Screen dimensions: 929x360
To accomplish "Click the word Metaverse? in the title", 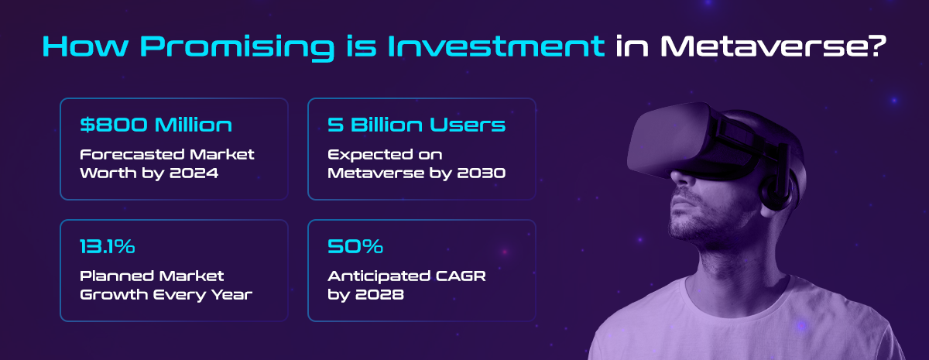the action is coord(773,46).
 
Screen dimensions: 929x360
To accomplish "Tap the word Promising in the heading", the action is coord(237,48).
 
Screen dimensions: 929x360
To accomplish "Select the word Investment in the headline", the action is coord(496,46).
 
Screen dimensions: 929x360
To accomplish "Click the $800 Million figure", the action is coord(156,125).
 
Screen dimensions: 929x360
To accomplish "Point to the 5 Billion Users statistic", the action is coord(417,125).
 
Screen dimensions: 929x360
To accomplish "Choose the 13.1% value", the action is coord(108,246).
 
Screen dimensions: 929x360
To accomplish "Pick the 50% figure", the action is coord(355,246).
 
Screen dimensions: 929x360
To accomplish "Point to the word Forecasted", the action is coord(132,154).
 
